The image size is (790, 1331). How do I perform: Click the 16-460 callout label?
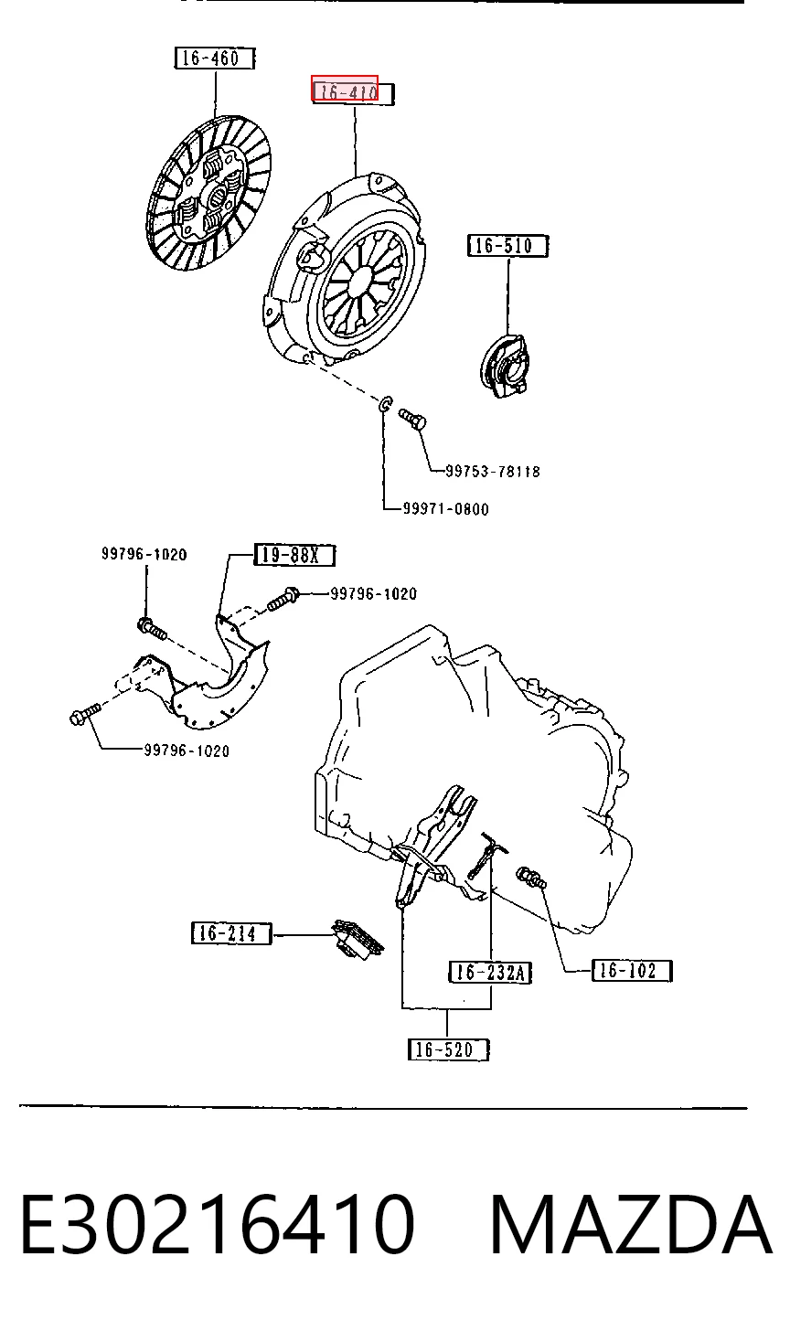[x=215, y=59]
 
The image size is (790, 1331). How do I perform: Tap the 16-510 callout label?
[x=507, y=245]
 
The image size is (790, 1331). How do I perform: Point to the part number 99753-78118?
[x=493, y=471]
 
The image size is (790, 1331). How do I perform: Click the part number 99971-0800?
[x=446, y=508]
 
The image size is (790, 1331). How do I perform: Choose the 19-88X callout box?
[x=294, y=555]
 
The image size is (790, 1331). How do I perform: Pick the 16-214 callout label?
[x=231, y=932]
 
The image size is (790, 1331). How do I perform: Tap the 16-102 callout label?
[x=632, y=971]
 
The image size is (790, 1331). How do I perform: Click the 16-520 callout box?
[x=448, y=1050]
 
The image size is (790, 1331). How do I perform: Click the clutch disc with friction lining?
[x=208, y=195]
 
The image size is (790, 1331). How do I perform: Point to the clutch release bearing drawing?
[x=505, y=366]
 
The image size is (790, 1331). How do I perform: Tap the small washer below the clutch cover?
[x=385, y=405]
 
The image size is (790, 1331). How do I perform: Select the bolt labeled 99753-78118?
[x=412, y=419]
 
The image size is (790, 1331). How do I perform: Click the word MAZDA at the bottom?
[x=630, y=1224]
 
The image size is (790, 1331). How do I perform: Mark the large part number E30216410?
[x=217, y=1224]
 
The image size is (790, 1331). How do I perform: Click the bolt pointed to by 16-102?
[x=531, y=878]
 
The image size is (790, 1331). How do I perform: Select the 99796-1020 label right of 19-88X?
[x=373, y=593]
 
